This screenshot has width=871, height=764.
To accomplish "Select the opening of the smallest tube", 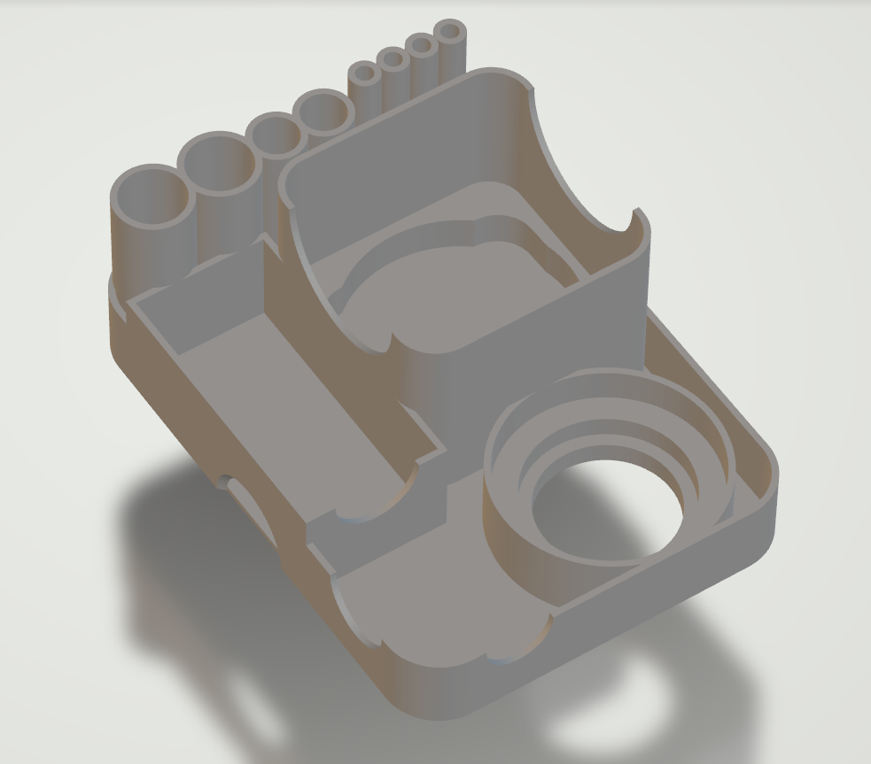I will [450, 34].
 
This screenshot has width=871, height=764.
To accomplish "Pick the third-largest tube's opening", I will [276, 136].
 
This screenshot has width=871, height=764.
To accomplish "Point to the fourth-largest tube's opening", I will [323, 114].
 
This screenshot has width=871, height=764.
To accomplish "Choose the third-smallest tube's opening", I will [393, 60].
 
